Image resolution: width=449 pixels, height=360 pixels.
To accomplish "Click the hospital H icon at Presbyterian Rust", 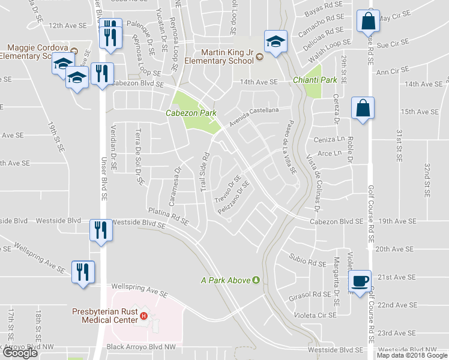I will coord(143,316).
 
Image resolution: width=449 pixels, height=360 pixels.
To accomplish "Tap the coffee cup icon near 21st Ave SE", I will coord(360,280).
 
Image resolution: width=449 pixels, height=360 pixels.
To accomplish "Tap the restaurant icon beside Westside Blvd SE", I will coord(99,229).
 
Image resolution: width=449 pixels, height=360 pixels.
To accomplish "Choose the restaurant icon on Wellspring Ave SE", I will coord(81,271).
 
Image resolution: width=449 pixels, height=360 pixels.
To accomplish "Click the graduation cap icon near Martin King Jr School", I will coord(276,41).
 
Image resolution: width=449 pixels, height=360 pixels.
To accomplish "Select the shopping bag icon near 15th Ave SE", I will coord(363,108).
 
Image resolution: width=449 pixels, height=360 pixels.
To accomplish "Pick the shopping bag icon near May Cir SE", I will coord(367,21).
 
